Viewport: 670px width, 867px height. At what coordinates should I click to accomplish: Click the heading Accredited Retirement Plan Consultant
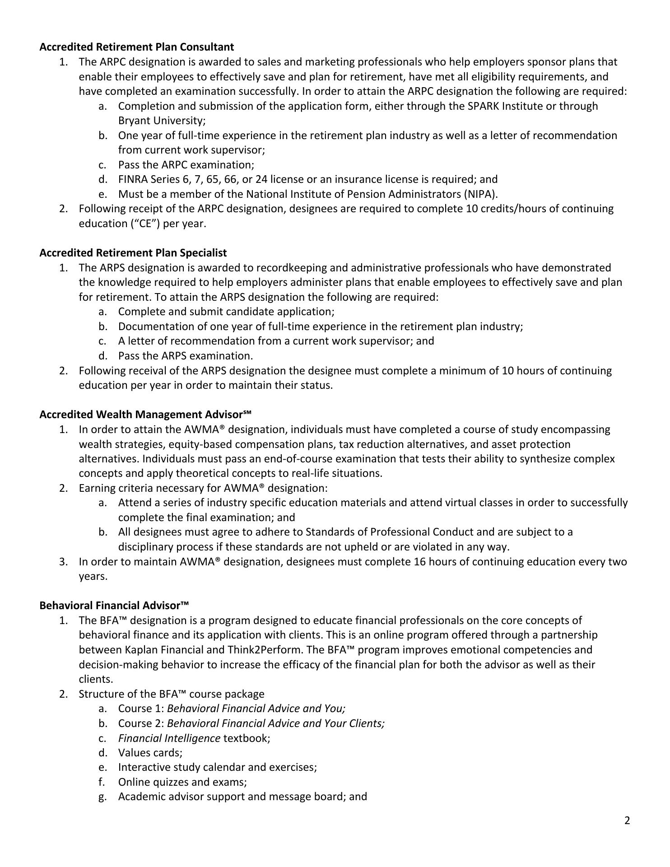137,47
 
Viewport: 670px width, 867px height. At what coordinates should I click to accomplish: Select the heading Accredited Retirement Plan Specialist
133,253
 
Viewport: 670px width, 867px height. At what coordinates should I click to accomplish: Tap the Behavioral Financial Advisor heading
114,606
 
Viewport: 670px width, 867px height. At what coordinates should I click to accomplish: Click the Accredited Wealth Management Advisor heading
145,415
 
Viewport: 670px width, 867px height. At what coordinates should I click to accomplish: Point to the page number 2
627,820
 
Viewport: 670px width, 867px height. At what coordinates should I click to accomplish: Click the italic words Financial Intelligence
169,738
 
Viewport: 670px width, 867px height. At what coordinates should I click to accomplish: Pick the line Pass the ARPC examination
186,165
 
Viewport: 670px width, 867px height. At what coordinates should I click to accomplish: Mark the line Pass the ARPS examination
185,356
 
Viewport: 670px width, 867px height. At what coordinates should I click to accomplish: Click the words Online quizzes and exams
182,782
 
